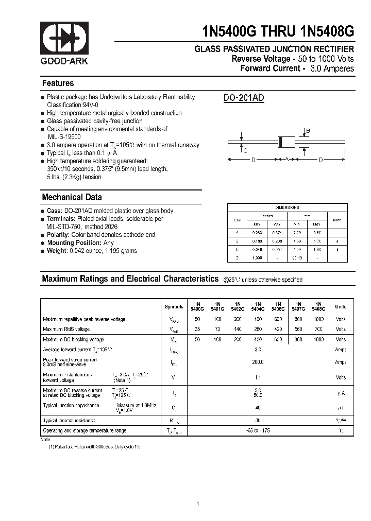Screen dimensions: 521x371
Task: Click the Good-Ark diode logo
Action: [x=64, y=38]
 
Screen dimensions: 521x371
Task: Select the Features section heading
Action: [x=58, y=83]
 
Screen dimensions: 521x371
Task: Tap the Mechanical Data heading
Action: [x=72, y=197]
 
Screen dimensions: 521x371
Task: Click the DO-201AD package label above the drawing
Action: [x=244, y=98]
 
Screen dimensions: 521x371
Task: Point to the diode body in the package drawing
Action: [x=286, y=142]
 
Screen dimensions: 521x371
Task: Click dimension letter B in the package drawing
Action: [x=308, y=131]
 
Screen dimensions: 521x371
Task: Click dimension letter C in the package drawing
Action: [x=245, y=150]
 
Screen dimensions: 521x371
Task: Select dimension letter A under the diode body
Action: [x=286, y=160]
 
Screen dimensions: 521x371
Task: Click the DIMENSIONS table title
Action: [x=287, y=207]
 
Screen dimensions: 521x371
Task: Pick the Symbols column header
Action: [x=174, y=307]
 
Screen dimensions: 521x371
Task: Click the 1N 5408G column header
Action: [x=318, y=306]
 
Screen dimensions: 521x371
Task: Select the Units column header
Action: [x=341, y=307]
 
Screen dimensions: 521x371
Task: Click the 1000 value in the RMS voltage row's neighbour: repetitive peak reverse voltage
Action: [x=318, y=319]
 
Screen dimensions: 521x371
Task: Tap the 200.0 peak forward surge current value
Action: [x=258, y=362]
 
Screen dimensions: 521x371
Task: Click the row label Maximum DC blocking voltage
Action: [x=73, y=340]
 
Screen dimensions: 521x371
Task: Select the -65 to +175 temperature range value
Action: [x=258, y=430]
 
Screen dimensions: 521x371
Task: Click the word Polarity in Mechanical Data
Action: [x=59, y=235]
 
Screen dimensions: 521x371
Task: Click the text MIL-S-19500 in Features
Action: [x=64, y=137]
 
